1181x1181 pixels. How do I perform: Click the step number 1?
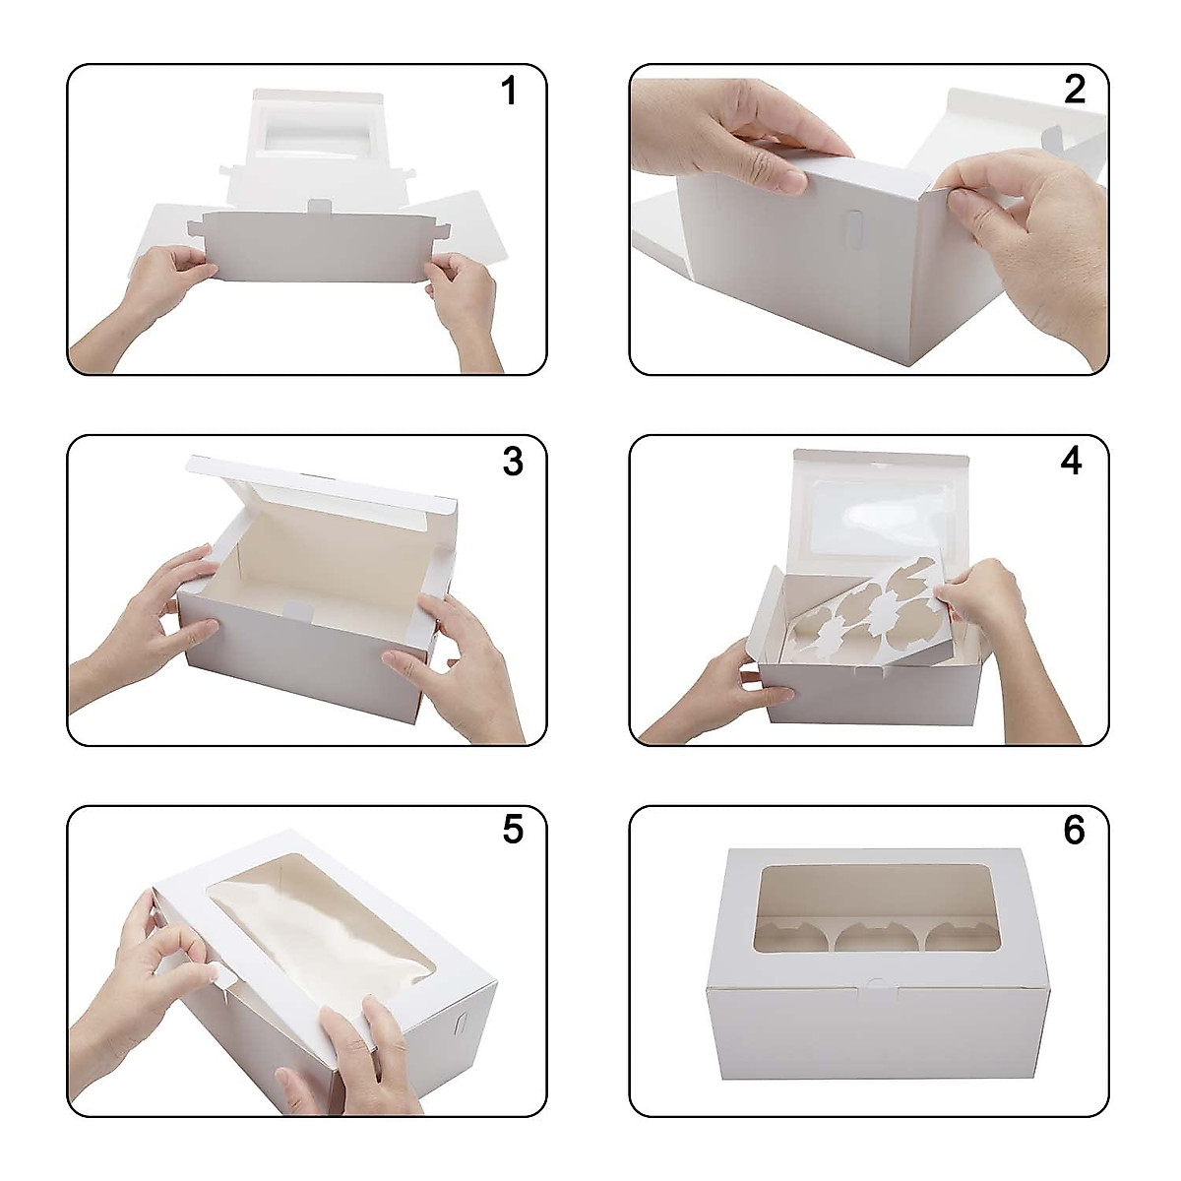(x=508, y=92)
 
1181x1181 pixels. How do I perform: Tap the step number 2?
(x=1074, y=90)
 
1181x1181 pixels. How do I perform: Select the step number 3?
(x=512, y=462)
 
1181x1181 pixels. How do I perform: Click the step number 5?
(x=512, y=830)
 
